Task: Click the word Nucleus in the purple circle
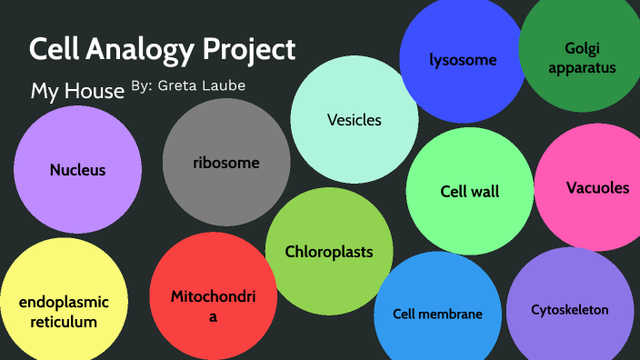pos(77,170)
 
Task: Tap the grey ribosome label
pos(226,164)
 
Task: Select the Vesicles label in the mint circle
pos(355,120)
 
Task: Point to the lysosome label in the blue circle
pos(464,61)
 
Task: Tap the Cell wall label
pos(470,192)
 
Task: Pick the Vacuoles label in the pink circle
pos(597,188)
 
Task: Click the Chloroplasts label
pos(329,252)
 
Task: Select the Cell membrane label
pos(437,315)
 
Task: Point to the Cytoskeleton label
pos(570,310)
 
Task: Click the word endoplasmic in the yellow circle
pos(64,303)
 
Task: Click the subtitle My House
pos(77,92)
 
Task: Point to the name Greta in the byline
pos(179,85)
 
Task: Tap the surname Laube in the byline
pos(225,85)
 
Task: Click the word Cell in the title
pos(52,49)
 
